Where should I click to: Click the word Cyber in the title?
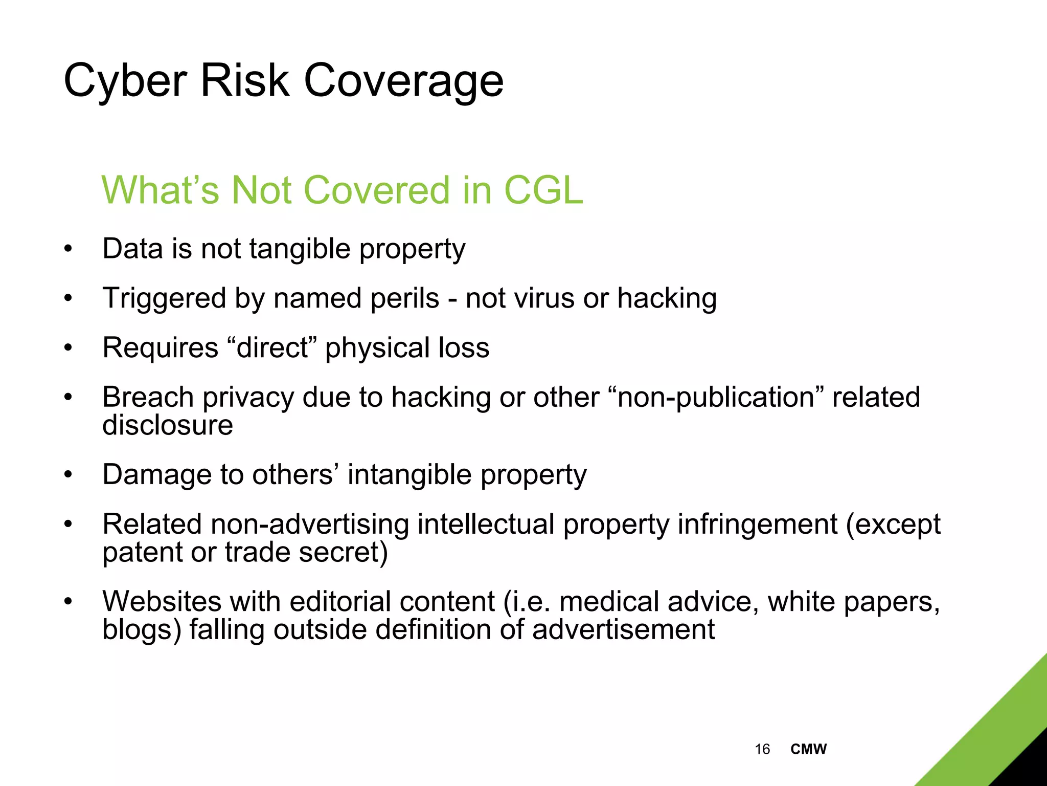[125, 81]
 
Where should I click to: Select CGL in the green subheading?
[543, 190]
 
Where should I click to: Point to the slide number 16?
[762, 749]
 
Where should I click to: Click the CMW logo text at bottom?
[808, 749]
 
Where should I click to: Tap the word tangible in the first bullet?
[300, 249]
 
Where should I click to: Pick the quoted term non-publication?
[716, 398]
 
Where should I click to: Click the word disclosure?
[168, 425]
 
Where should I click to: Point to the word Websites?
[162, 602]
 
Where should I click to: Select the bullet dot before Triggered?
[69, 298]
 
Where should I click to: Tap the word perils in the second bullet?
[404, 298]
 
